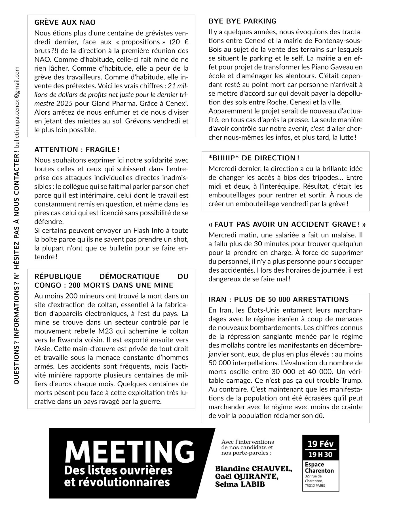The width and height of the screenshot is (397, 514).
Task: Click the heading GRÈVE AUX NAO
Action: coord(65,22)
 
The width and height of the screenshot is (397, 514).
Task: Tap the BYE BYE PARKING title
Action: coord(242,21)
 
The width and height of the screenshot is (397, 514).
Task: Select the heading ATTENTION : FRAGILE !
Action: coord(77,149)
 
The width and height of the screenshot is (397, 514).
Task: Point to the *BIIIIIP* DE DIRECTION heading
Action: coord(254,158)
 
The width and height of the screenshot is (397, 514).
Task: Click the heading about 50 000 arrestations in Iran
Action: coord(278,299)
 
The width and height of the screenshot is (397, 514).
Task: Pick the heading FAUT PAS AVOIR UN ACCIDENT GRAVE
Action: coord(287,224)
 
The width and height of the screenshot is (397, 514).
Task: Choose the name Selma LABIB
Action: coord(240,484)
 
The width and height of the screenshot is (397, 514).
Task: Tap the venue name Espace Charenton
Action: coord(319,467)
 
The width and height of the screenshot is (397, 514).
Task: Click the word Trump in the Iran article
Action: coord(352,380)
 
